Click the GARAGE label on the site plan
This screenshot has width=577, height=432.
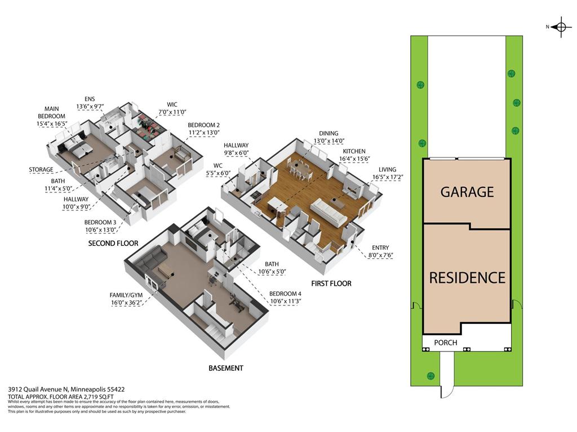[467, 192]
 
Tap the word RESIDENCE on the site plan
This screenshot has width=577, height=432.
[467, 278]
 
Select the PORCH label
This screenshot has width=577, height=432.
[446, 343]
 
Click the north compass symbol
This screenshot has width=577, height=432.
[561, 27]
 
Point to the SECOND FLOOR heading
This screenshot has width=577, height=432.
[113, 243]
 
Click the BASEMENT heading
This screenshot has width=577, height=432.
[225, 368]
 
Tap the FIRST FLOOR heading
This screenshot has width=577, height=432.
[331, 283]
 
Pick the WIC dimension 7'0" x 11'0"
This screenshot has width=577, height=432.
[172, 112]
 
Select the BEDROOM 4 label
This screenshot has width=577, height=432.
[285, 294]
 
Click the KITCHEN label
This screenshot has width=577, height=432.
[354, 151]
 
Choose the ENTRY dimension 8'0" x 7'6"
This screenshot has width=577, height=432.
[380, 255]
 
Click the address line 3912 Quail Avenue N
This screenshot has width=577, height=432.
[38, 389]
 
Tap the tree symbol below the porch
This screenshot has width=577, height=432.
[430, 376]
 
